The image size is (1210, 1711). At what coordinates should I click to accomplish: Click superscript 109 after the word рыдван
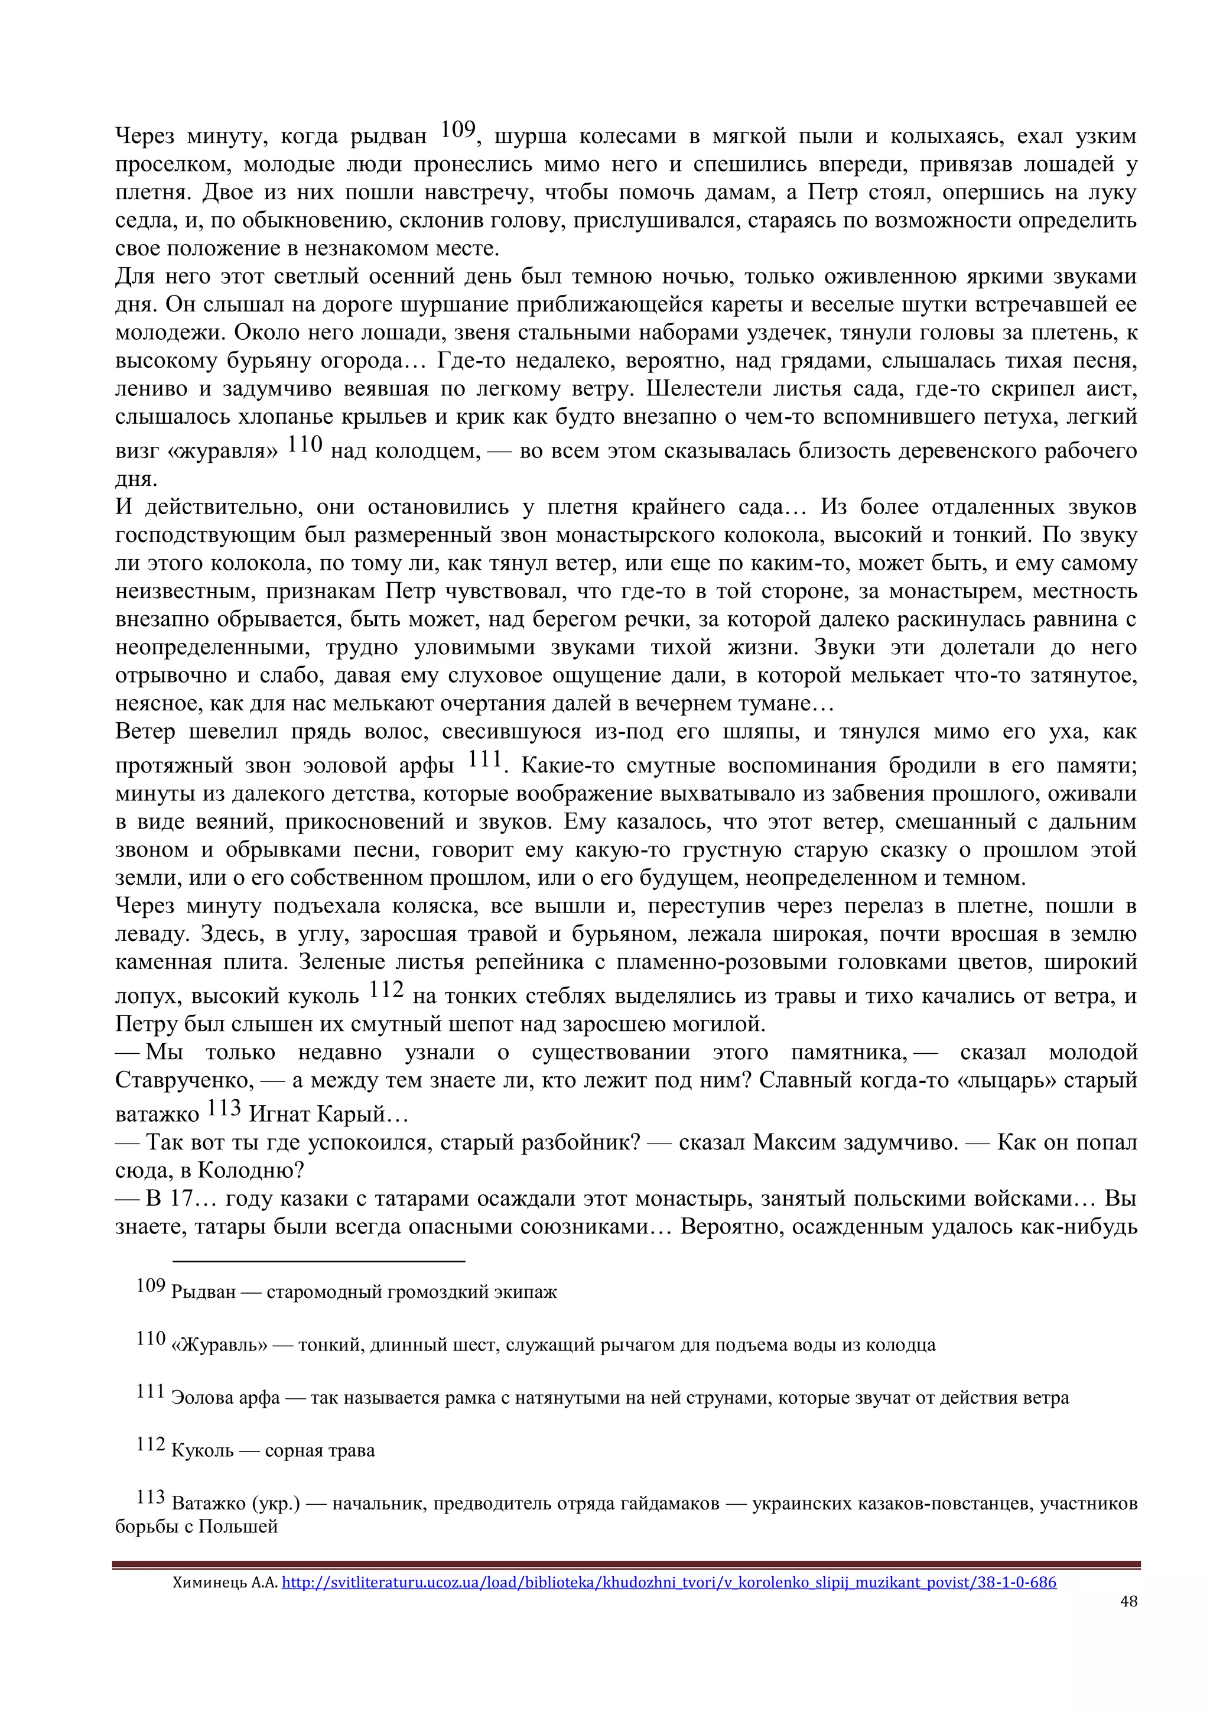tap(457, 129)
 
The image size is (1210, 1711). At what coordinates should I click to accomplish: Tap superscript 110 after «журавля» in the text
tap(305, 444)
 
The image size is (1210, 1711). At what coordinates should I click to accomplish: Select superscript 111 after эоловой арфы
tap(484, 759)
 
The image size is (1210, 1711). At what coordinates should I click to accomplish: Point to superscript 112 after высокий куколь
tap(386, 989)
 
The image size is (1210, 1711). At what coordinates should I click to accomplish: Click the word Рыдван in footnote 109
tap(203, 1292)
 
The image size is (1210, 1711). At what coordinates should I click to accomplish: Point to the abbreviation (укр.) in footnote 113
tap(277, 1504)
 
